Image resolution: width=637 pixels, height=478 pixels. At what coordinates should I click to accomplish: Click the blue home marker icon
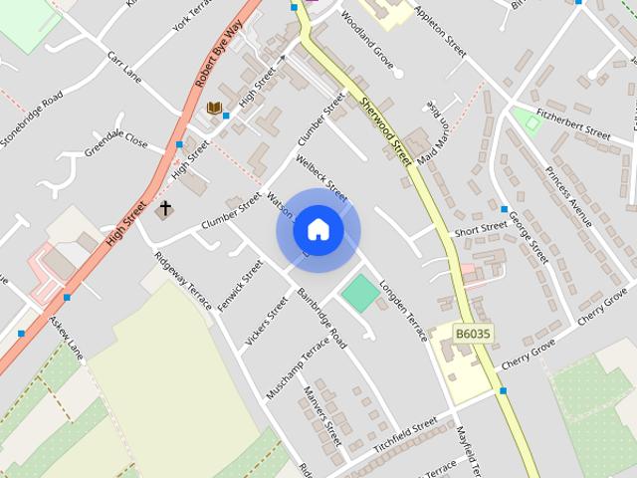click(318, 230)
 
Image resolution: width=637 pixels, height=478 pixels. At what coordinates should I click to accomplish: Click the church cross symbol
click(165, 209)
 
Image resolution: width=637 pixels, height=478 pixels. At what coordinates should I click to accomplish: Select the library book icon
click(214, 108)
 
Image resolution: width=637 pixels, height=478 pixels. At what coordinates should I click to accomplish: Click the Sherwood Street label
click(386, 130)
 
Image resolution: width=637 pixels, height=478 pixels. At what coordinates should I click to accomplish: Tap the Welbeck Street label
click(321, 176)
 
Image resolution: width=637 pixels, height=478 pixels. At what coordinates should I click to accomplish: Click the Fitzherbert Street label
click(572, 132)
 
